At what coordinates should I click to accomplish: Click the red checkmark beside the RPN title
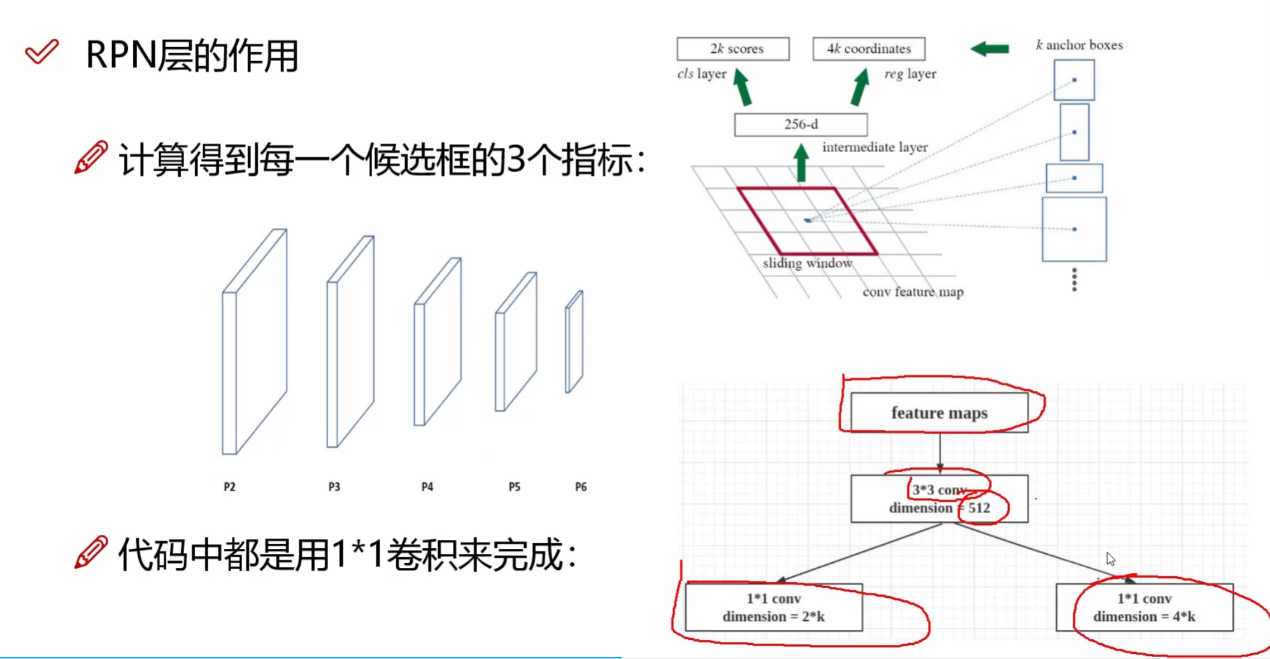pyautogui.click(x=41, y=52)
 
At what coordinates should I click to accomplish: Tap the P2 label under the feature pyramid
pyautogui.click(x=229, y=487)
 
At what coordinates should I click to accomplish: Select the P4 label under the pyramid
pyautogui.click(x=427, y=487)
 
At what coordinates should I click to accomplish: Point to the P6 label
pyautogui.click(x=581, y=487)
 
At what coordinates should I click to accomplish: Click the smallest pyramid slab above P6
pyautogui.click(x=574, y=342)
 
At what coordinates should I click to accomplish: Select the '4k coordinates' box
pyautogui.click(x=869, y=49)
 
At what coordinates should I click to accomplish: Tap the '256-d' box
pyautogui.click(x=801, y=124)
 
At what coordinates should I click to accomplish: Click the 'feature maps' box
pyautogui.click(x=939, y=413)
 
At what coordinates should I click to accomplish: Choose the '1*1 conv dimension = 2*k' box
pyautogui.click(x=774, y=607)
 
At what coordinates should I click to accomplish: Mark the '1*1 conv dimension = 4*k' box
pyautogui.click(x=1145, y=607)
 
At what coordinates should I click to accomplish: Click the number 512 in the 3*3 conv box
pyautogui.click(x=980, y=508)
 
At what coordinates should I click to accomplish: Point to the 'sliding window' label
pyautogui.click(x=807, y=263)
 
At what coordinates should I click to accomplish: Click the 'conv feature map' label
pyautogui.click(x=913, y=292)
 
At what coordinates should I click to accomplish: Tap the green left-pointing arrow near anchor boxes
pyautogui.click(x=990, y=48)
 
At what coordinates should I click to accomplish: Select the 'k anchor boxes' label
pyautogui.click(x=1079, y=45)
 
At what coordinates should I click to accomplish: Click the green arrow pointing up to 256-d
pyautogui.click(x=801, y=163)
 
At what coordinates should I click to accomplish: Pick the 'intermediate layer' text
pyautogui.click(x=874, y=147)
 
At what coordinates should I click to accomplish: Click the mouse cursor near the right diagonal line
pyautogui.click(x=1110, y=558)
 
